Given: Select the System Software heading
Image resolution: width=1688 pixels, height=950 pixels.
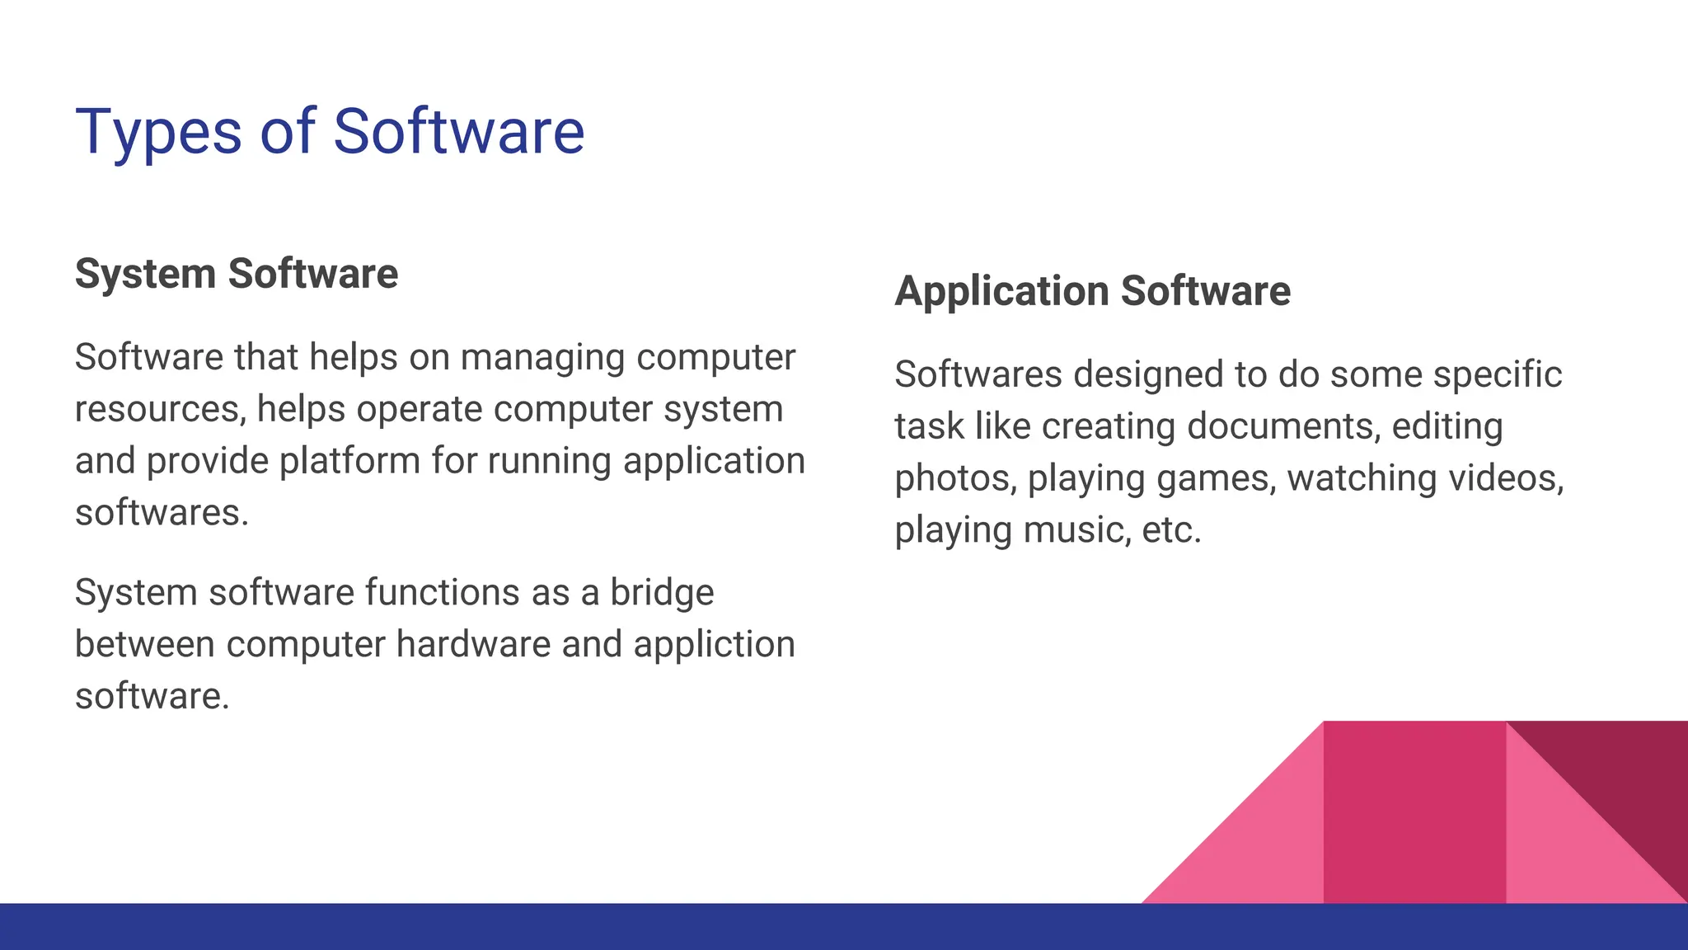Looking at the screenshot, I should pyautogui.click(x=237, y=274).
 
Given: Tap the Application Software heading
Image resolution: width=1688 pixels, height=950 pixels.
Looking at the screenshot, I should pyautogui.click(x=1092, y=291).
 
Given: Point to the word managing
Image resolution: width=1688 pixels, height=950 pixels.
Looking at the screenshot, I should pyautogui.click(x=542, y=358).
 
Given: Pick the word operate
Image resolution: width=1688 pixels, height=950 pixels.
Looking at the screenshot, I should pyautogui.click(x=419, y=410).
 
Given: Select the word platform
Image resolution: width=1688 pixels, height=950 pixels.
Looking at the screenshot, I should pyautogui.click(x=349, y=461).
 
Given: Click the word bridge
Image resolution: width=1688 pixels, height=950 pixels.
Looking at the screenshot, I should pyautogui.click(x=661, y=593).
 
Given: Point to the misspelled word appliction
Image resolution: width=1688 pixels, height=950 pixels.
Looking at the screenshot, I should pyautogui.click(x=714, y=645).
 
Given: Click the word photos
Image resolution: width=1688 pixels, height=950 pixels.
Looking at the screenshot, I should pyautogui.click(x=955, y=479).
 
